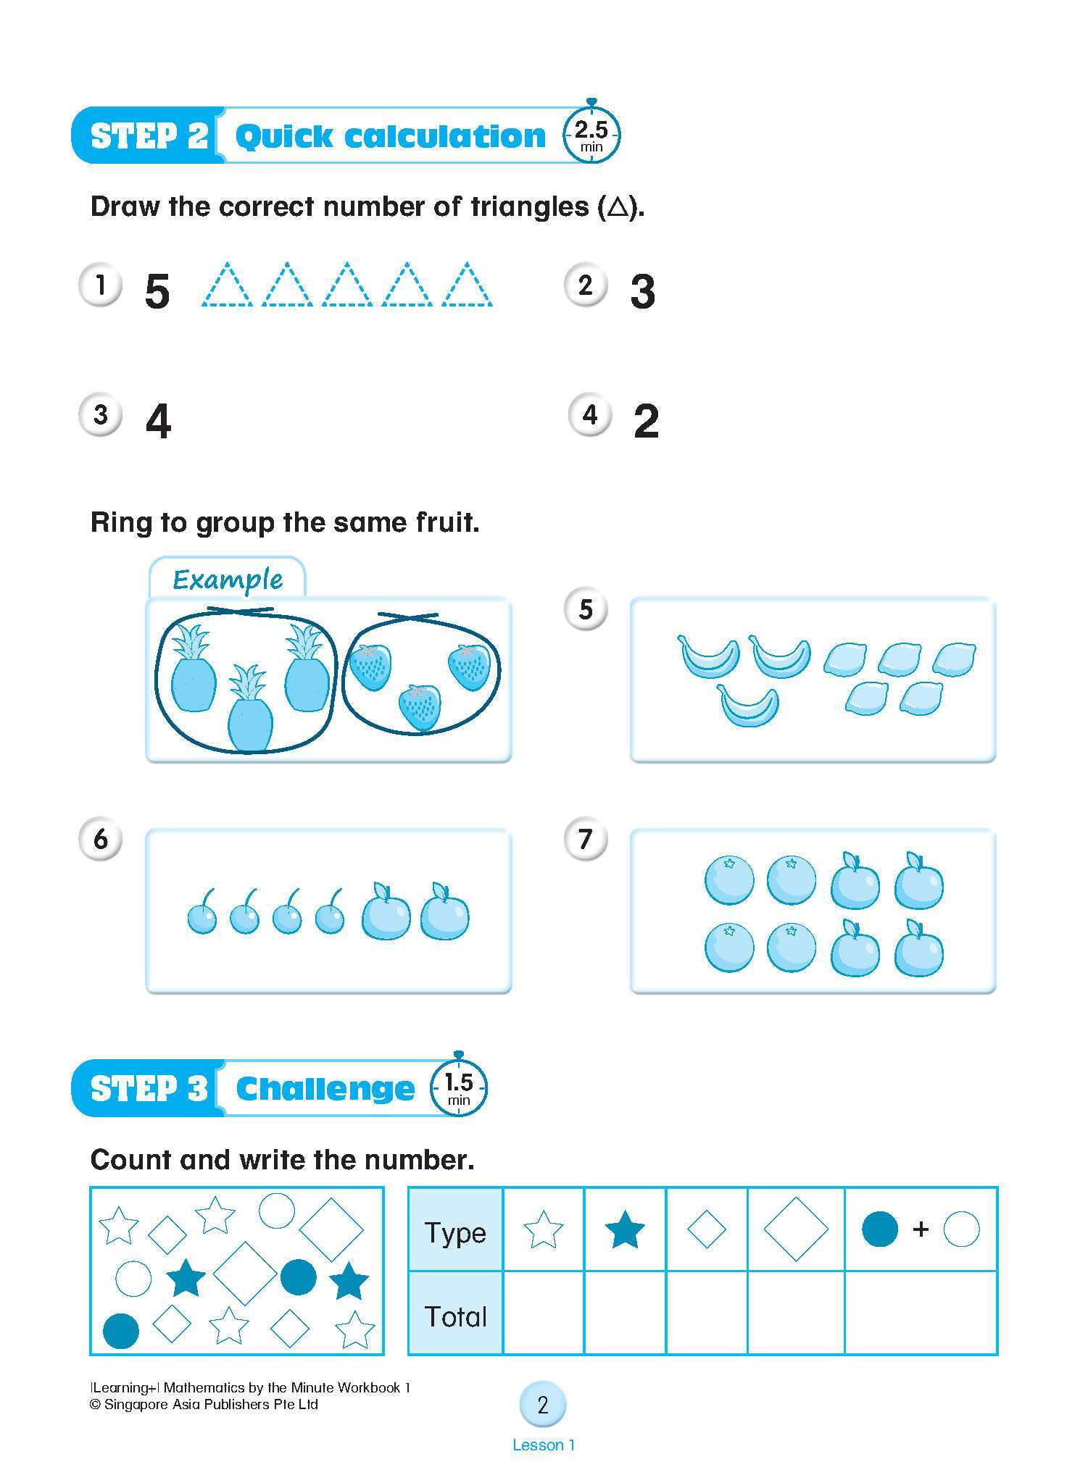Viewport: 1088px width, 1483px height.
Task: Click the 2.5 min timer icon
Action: tap(591, 135)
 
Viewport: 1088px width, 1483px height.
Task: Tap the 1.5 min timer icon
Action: tap(458, 1088)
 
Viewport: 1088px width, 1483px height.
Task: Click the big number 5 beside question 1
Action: tap(157, 292)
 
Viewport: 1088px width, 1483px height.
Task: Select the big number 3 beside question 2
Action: tap(642, 292)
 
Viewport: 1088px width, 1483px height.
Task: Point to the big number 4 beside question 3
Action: tap(158, 421)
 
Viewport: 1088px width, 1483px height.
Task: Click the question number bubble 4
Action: tap(590, 415)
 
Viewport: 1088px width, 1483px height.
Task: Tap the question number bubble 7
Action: tap(585, 840)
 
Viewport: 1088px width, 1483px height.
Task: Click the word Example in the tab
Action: tap(228, 580)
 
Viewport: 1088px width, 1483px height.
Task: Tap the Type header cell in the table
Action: tap(455, 1232)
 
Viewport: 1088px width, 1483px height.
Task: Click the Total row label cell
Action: tap(455, 1316)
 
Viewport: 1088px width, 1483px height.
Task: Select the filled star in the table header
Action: tap(624, 1231)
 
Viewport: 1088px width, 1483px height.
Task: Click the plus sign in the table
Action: tap(921, 1229)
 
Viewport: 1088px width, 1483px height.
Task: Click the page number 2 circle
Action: tap(543, 1405)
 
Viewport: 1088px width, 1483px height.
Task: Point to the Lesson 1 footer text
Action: tap(543, 1445)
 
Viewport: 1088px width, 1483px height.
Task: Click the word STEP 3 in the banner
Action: tap(149, 1088)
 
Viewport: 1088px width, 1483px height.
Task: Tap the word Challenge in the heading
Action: tap(325, 1088)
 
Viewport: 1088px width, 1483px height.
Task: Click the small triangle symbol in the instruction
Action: tap(618, 208)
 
